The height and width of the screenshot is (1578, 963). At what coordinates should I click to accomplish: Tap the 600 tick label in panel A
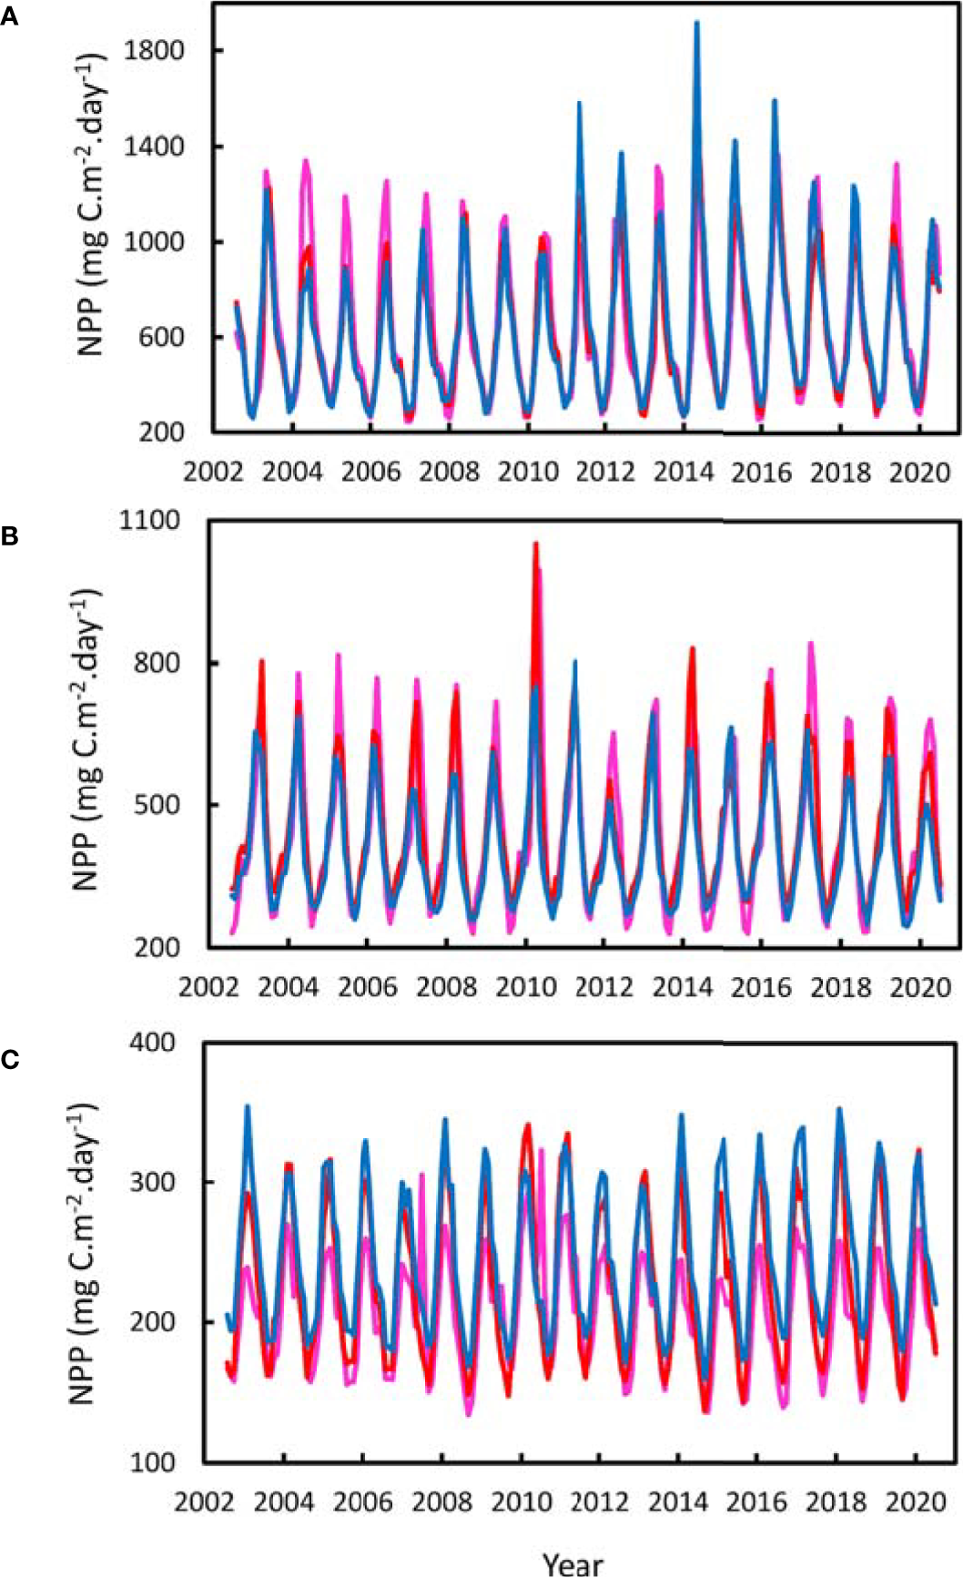pos(164,337)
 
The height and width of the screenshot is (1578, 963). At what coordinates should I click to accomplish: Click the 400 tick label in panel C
pos(152,1042)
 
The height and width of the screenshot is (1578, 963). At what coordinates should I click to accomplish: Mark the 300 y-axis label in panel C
pos(152,1181)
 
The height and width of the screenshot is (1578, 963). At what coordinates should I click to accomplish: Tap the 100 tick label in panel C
pos(152,1461)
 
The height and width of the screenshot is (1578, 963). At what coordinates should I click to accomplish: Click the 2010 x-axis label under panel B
pos(525,987)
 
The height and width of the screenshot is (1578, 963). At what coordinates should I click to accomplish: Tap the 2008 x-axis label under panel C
pos(442,1501)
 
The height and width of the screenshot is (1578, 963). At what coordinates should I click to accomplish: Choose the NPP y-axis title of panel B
pos(87,738)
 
